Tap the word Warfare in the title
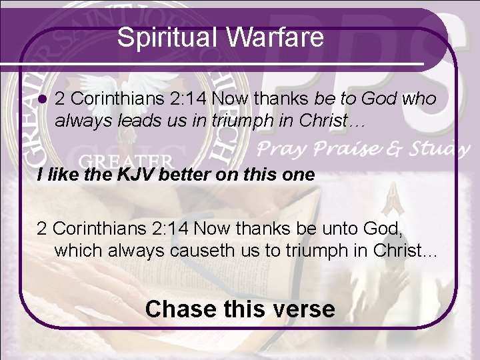275,37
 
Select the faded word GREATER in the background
127,162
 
